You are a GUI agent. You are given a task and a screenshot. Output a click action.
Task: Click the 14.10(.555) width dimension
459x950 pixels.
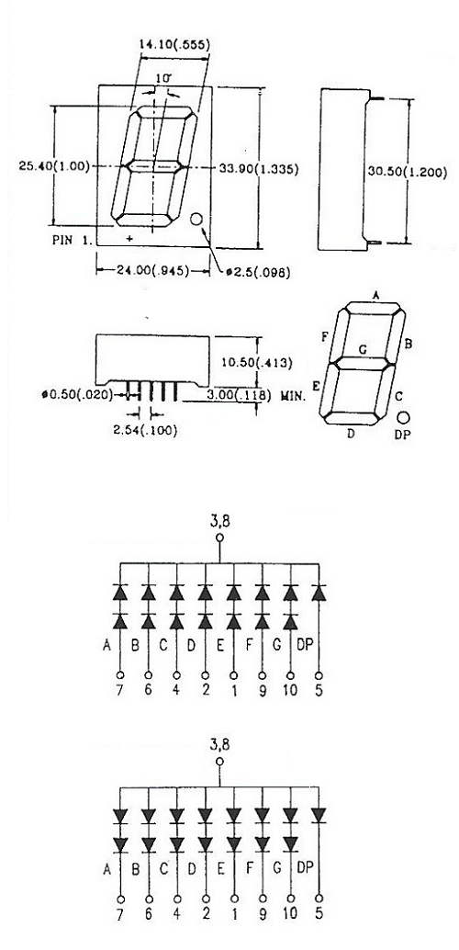pyautogui.click(x=174, y=44)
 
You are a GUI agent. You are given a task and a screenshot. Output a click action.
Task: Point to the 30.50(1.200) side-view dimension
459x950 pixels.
pyautogui.click(x=408, y=173)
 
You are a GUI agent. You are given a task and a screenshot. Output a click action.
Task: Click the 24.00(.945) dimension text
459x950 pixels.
pyautogui.click(x=153, y=270)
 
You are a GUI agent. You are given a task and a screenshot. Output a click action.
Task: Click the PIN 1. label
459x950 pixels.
pyautogui.click(x=72, y=239)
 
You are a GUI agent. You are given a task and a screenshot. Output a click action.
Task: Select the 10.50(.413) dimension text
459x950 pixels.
pyautogui.click(x=257, y=363)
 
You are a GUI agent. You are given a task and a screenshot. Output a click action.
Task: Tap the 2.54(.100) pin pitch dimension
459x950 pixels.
pyautogui.click(x=145, y=432)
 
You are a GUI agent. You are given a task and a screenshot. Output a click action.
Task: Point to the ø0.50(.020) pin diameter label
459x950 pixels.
pyautogui.click(x=77, y=395)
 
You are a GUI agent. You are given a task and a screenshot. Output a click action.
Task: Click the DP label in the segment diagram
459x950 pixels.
pyautogui.click(x=402, y=435)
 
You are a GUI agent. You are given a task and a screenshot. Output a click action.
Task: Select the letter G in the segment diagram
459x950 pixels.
pyautogui.click(x=362, y=349)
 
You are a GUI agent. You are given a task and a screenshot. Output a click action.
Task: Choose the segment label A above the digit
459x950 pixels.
pyautogui.click(x=376, y=295)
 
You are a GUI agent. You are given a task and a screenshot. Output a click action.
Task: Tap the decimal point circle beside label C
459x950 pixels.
pyautogui.click(x=403, y=418)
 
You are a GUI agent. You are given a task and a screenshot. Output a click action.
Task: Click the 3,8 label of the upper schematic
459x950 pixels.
pyautogui.click(x=219, y=520)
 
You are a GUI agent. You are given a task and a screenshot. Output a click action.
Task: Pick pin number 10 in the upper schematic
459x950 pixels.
pyautogui.click(x=291, y=690)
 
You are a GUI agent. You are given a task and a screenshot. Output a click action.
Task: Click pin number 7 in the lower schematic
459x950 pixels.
pyautogui.click(x=120, y=914)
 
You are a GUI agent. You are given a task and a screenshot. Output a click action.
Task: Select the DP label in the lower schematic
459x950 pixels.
pyautogui.click(x=305, y=868)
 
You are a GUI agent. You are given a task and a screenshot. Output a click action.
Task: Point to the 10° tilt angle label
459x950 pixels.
pyautogui.click(x=162, y=77)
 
